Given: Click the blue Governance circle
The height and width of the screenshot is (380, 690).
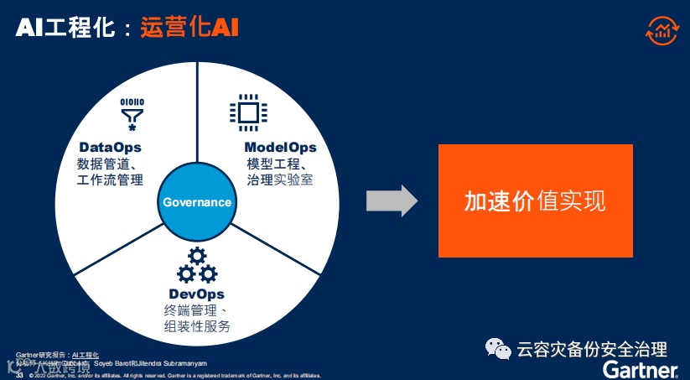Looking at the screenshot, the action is (x=197, y=202).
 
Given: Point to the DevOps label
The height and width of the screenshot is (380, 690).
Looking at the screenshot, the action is (x=196, y=294).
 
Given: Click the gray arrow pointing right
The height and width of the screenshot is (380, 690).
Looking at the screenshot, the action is (x=392, y=201).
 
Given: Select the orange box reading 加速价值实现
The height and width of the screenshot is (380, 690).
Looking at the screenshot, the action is (x=535, y=200).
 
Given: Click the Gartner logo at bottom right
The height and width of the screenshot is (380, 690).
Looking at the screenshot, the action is (x=641, y=370).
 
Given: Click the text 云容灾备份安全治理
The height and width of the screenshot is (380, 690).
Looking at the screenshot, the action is (x=592, y=349).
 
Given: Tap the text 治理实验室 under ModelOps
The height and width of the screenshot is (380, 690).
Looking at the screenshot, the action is (x=280, y=180).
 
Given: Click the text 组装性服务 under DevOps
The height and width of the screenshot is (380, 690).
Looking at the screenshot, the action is (x=196, y=326).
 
